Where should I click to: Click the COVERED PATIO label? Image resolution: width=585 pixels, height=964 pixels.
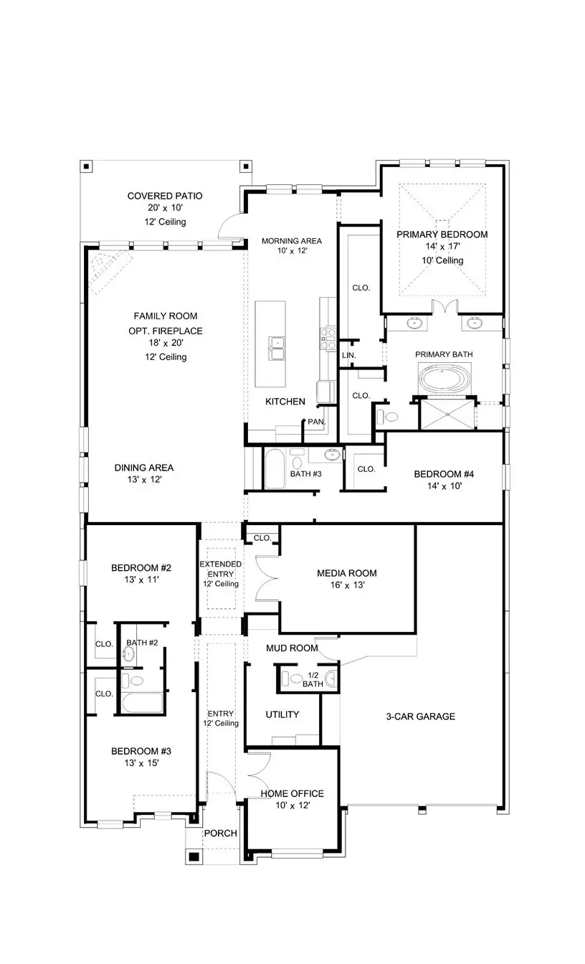point(165,196)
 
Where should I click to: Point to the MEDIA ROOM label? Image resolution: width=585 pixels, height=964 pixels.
point(347,573)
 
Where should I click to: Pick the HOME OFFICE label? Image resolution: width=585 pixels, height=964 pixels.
point(292,793)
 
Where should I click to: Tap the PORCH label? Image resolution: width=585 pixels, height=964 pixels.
point(221,833)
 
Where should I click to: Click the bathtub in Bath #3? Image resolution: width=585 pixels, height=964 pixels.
point(275,469)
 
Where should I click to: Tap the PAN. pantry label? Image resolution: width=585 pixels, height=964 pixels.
point(316,422)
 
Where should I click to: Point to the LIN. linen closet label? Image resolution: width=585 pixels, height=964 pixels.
point(349,356)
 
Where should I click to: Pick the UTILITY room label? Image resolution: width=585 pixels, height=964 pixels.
point(282,714)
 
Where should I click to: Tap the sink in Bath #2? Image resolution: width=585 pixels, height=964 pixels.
point(130,653)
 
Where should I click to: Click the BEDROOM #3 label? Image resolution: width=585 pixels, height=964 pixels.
point(141,751)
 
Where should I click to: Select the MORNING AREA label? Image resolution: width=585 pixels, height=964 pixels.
point(291,240)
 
